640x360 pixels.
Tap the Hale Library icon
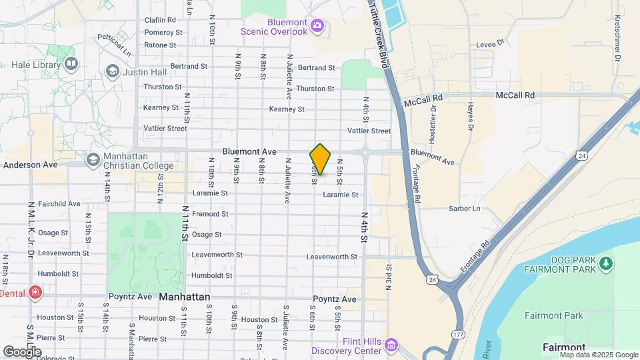[x=71, y=64]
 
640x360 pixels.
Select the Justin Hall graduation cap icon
[x=112, y=71]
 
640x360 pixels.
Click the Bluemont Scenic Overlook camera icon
[x=317, y=27]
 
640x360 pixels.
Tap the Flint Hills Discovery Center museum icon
[x=391, y=345]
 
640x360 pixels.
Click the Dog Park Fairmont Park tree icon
[x=605, y=263]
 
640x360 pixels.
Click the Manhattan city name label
[x=185, y=297]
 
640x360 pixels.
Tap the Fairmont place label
[x=564, y=347]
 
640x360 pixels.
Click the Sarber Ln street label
[x=467, y=209]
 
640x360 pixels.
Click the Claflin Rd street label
[x=160, y=20]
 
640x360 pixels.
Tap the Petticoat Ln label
[x=115, y=45]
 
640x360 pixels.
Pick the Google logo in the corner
[x=22, y=351]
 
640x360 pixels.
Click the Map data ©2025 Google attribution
[x=598, y=355]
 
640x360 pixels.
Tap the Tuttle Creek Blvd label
[x=377, y=33]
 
